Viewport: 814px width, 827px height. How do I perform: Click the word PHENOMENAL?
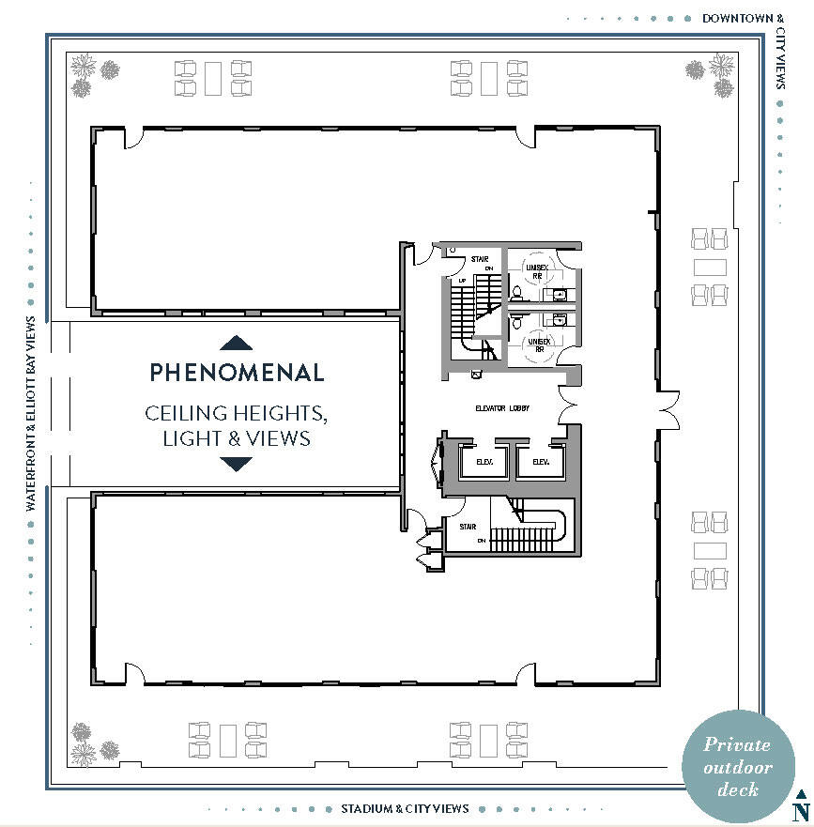(x=237, y=373)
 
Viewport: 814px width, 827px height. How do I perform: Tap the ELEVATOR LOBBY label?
(x=502, y=409)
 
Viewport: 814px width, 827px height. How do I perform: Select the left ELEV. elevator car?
(x=485, y=462)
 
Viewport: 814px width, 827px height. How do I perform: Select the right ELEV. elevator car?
(x=540, y=462)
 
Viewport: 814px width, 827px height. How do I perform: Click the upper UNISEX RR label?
(x=537, y=272)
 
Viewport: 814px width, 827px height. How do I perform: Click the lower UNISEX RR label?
(x=538, y=345)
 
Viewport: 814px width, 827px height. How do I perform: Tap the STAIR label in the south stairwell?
(x=468, y=528)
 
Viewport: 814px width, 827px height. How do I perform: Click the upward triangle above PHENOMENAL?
(x=237, y=343)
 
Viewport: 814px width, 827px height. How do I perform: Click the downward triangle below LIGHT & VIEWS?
(x=237, y=464)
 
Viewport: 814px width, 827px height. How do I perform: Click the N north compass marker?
(x=801, y=808)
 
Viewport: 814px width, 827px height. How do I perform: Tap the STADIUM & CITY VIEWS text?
(x=405, y=808)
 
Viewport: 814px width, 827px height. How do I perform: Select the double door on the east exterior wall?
(x=668, y=405)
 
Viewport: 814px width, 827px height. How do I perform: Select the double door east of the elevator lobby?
(x=569, y=405)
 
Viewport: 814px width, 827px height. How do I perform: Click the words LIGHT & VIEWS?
(x=237, y=437)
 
